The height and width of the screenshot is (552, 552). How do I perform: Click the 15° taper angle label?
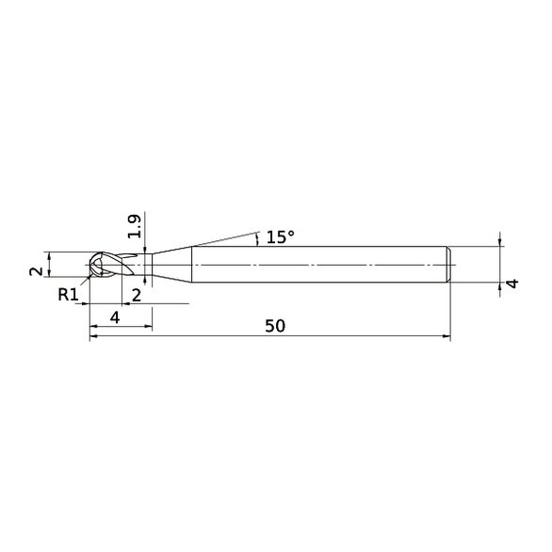click(280, 237)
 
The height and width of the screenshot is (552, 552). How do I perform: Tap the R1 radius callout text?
click(67, 295)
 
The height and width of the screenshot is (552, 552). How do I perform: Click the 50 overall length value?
click(274, 326)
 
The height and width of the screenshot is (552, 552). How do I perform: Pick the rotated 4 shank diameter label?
click(513, 284)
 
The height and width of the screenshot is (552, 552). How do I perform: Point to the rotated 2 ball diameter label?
click(35, 270)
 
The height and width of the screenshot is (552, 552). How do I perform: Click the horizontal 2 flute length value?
click(137, 295)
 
